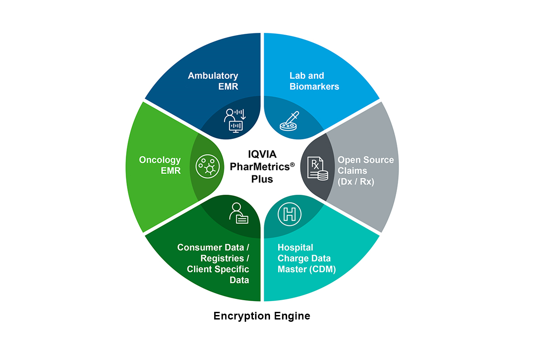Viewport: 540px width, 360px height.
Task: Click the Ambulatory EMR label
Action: pyautogui.click(x=213, y=81)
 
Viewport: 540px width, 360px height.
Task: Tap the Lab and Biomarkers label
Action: pyautogui.click(x=314, y=81)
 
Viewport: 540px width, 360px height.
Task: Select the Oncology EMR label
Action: pyautogui.click(x=160, y=165)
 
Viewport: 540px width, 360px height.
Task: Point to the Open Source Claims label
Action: pyautogui.click(x=365, y=171)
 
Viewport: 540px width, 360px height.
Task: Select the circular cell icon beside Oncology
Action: pyautogui.click(x=207, y=165)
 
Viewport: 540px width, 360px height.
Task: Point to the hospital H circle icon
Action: pyautogui.click(x=288, y=214)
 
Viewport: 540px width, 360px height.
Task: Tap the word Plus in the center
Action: pyautogui.click(x=262, y=179)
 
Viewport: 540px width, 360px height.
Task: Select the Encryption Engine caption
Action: pyautogui.click(x=261, y=316)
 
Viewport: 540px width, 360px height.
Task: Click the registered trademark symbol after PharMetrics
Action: pyautogui.click(x=292, y=165)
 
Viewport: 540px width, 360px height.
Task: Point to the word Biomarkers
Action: pyautogui.click(x=314, y=86)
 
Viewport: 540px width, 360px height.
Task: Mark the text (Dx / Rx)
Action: pyautogui.click(x=356, y=182)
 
